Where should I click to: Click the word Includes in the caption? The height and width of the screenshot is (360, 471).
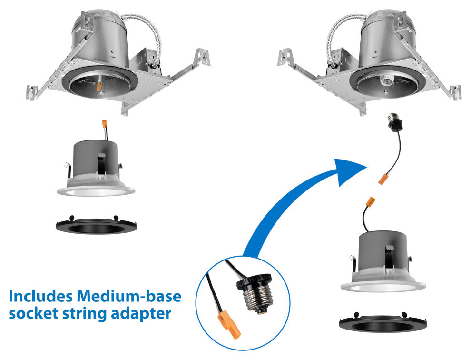[40, 296]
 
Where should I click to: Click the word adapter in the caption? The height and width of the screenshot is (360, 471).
[141, 314]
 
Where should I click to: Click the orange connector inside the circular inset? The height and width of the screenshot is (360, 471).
[229, 326]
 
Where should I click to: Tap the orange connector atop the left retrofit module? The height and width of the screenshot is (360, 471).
[104, 124]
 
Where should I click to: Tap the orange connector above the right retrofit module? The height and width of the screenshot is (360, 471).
[371, 201]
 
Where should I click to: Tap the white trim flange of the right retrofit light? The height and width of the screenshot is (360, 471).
[383, 286]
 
